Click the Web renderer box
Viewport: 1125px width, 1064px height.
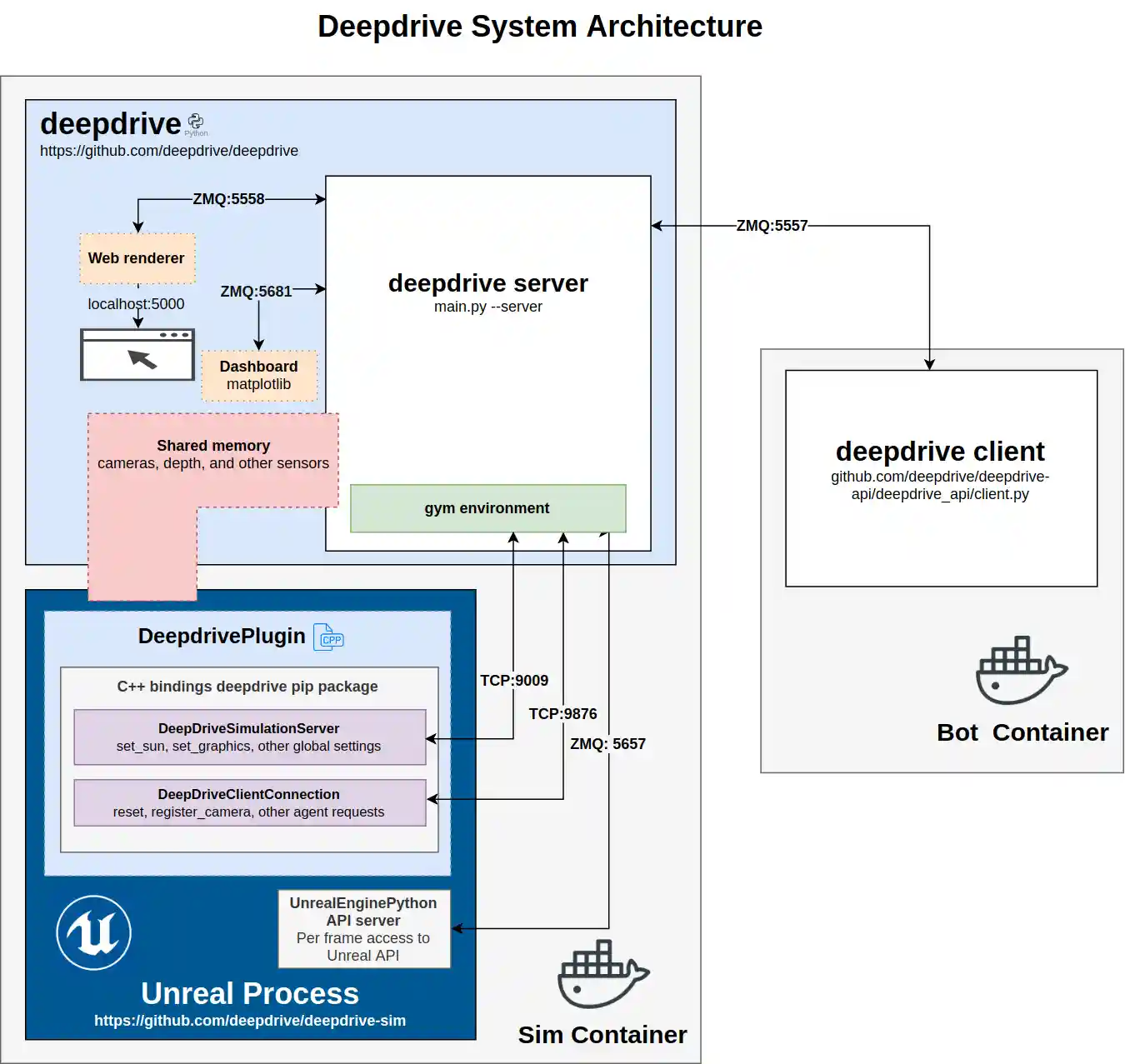pos(137,258)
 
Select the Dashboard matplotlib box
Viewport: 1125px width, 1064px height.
pos(258,376)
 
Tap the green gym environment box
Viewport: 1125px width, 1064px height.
pos(487,508)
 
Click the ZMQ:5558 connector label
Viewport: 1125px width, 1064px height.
pos(228,199)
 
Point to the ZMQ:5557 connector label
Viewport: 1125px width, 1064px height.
pos(772,226)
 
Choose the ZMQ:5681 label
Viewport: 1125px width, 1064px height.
pos(256,292)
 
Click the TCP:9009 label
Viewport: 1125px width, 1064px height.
pos(514,681)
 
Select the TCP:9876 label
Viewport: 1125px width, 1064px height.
pos(562,714)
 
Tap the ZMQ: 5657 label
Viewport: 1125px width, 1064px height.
pos(607,744)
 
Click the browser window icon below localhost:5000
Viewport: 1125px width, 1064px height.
pos(137,355)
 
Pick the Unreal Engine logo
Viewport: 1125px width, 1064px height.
pos(94,932)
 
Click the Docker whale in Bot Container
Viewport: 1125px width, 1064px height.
pos(1021,671)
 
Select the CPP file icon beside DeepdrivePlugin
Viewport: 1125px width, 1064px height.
pos(328,637)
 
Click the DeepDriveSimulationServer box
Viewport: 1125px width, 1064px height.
pos(249,737)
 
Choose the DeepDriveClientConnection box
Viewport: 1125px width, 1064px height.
pos(249,803)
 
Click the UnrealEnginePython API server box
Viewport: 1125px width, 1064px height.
pos(363,929)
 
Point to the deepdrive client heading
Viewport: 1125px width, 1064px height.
pos(939,452)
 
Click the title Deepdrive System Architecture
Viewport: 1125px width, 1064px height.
pos(540,27)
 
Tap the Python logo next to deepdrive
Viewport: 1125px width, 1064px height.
pos(196,122)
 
